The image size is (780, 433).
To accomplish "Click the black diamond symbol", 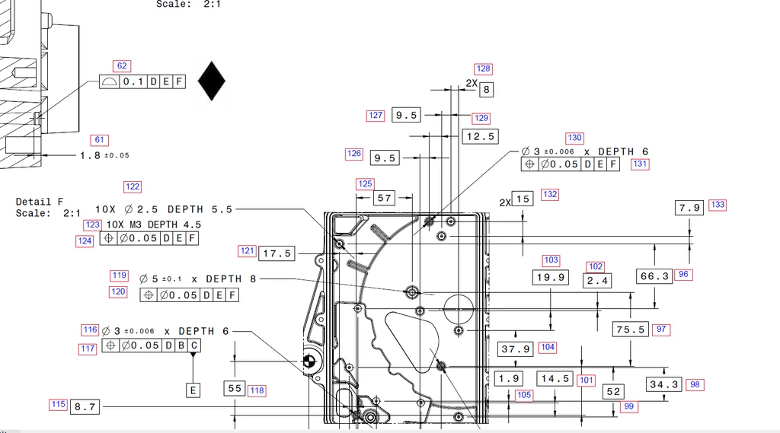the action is click(212, 81).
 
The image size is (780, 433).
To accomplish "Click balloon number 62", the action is click(122, 65).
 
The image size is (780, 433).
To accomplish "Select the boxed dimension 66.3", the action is click(654, 276).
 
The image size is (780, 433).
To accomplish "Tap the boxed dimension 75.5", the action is click(630, 329).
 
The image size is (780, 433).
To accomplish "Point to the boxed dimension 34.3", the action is click(664, 384).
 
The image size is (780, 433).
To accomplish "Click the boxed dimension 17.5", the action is click(277, 253).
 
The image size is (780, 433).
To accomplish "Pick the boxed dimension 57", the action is click(384, 198).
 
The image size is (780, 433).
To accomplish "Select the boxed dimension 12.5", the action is click(480, 136).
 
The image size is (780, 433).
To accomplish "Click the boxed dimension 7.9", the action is click(689, 208).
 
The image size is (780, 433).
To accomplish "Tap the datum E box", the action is click(193, 390).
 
